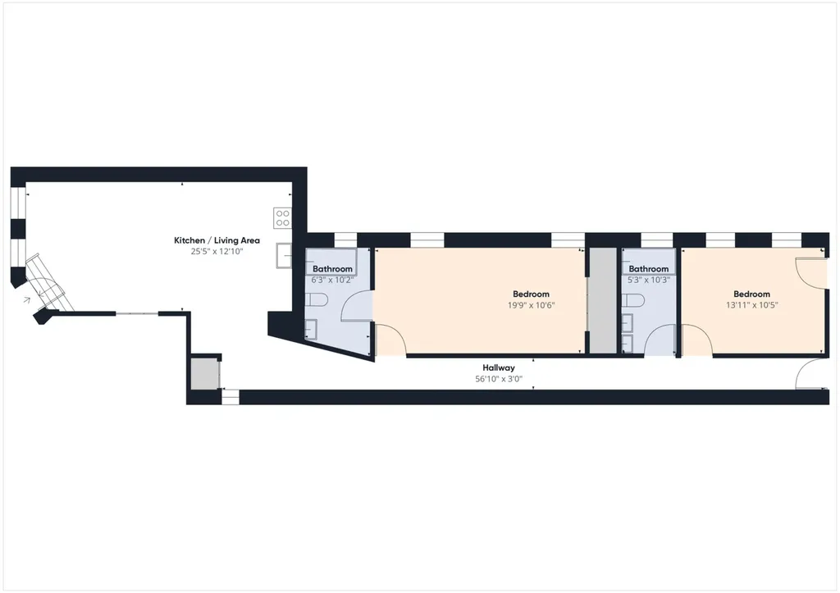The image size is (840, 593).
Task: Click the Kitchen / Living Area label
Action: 217,240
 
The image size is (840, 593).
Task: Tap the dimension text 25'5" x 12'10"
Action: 217,251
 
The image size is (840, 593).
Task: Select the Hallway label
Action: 499,368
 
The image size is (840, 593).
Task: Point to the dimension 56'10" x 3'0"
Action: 499,379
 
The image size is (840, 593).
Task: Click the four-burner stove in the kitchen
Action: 282,218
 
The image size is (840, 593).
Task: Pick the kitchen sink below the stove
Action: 284,256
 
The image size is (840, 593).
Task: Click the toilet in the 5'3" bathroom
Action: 632,300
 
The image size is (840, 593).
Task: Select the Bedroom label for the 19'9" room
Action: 531,294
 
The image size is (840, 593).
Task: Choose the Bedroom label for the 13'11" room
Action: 751,294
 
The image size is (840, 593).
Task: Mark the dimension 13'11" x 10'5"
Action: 751,305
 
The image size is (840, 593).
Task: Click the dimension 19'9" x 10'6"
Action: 531,305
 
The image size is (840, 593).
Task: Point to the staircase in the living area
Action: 50,282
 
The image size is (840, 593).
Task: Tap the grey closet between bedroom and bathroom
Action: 604,300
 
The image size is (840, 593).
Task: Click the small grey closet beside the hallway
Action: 204,373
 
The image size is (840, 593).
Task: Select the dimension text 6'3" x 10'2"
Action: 332,281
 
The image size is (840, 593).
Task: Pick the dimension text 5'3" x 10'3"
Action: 649,281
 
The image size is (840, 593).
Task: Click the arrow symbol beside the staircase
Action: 27,300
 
